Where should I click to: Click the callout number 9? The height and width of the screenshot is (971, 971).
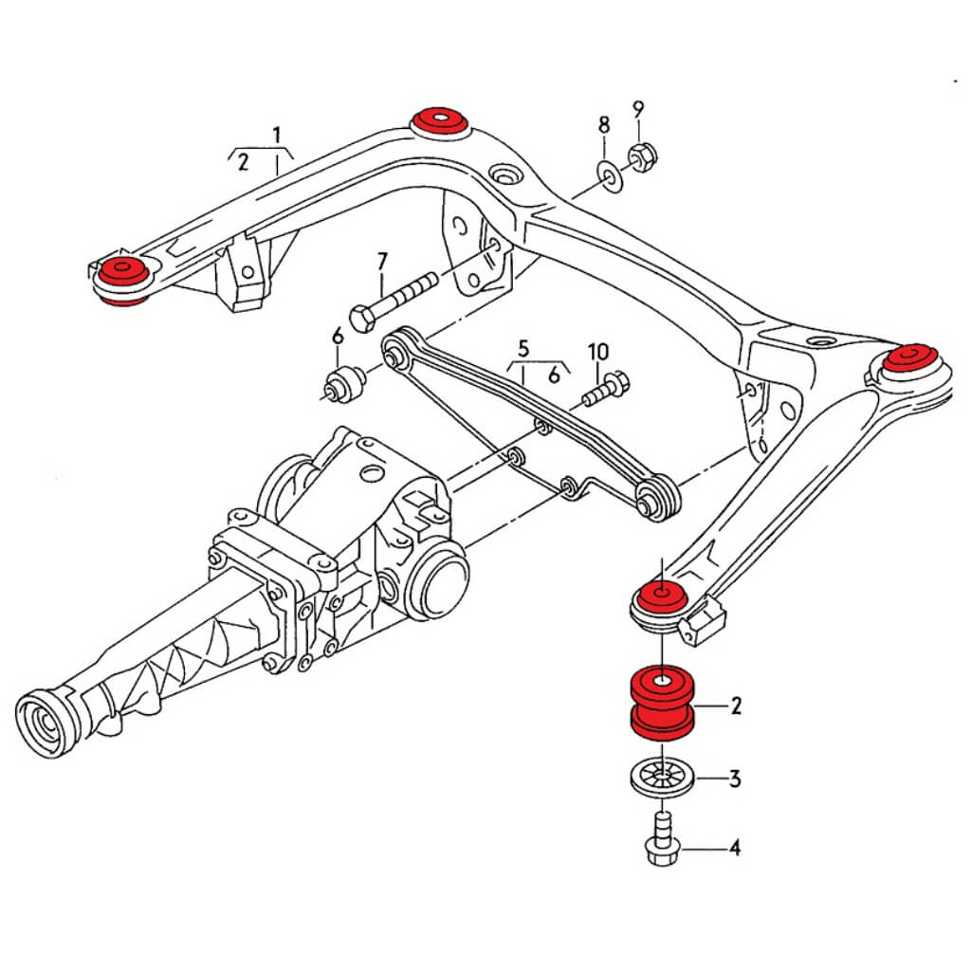637,108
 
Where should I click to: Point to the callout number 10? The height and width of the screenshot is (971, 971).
597,351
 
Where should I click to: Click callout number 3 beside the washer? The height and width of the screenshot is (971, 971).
734,780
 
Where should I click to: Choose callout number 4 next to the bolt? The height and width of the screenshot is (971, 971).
733,847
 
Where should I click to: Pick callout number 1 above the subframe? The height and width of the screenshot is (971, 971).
277,135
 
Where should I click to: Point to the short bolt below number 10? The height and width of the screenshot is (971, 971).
603,388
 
